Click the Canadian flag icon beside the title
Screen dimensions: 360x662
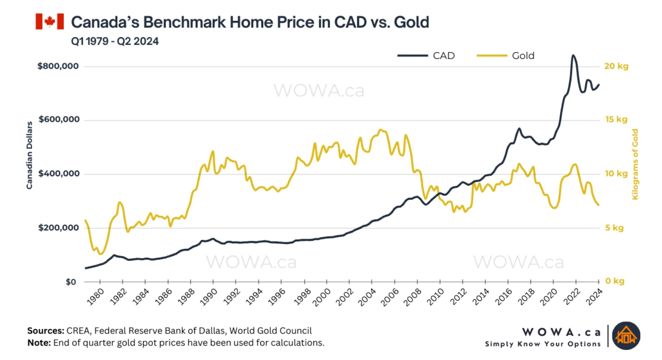(x=50, y=22)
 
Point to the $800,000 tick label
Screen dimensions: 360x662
(x=58, y=66)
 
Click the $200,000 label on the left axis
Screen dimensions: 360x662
(x=58, y=228)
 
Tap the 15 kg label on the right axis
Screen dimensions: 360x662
(x=616, y=120)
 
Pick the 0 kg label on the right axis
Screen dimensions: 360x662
(x=614, y=281)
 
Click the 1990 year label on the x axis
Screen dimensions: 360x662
(x=209, y=297)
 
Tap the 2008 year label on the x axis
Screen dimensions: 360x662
(x=413, y=297)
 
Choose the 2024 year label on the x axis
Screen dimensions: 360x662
(x=594, y=297)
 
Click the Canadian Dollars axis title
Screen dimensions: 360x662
(x=29, y=155)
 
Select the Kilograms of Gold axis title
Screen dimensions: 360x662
(x=635, y=164)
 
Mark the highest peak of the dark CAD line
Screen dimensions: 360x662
(x=573, y=55)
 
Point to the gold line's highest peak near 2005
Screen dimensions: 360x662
(x=381, y=130)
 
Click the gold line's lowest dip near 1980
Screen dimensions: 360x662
(x=101, y=254)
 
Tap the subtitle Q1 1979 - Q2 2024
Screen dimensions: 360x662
(x=115, y=41)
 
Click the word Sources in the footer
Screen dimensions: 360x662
(x=46, y=331)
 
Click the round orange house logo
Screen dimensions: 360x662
(x=626, y=336)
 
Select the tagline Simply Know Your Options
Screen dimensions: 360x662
(x=542, y=344)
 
